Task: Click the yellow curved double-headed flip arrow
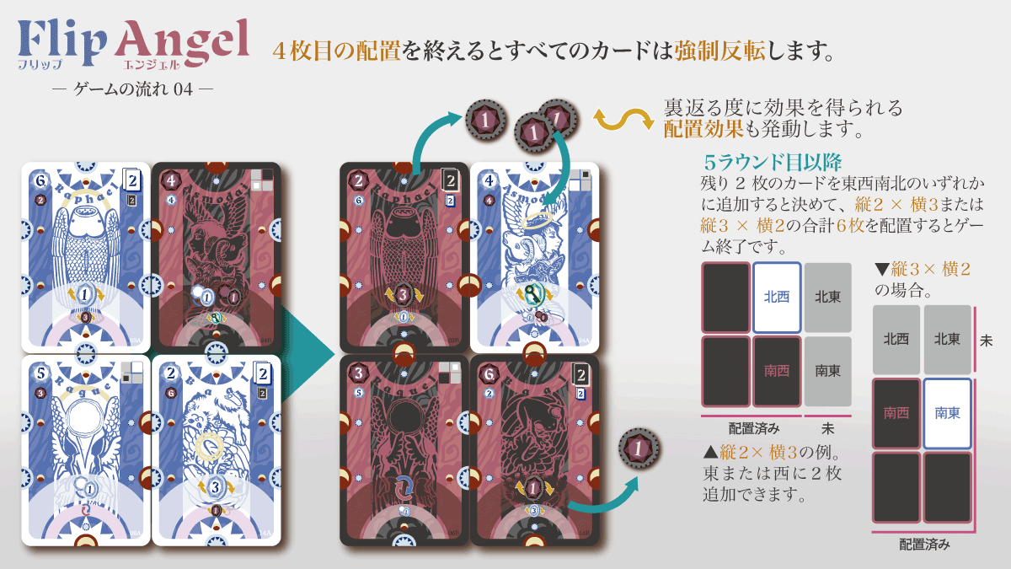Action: tap(624, 120)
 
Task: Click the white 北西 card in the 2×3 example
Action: tap(777, 297)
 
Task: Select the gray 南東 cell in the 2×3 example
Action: tap(826, 370)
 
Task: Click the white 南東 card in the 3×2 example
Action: tap(947, 413)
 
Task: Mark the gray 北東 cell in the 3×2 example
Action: tap(947, 339)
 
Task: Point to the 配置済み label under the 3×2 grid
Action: tap(924, 545)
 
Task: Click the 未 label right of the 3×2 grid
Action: tap(986, 341)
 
